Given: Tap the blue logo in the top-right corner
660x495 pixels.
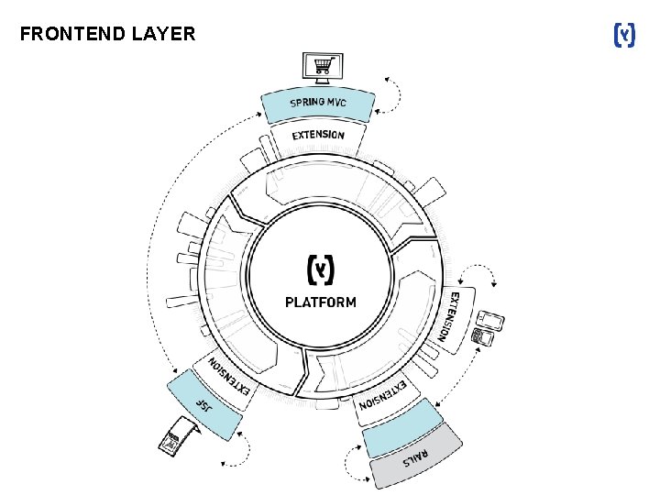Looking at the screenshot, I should pyautogui.click(x=623, y=36).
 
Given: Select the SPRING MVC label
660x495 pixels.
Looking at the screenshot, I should pyautogui.click(x=318, y=103).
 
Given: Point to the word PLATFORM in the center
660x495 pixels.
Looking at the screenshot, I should pyautogui.click(x=320, y=302).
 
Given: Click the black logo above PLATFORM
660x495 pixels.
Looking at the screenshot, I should pyautogui.click(x=320, y=269).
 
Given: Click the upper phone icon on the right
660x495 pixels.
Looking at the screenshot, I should pyautogui.click(x=492, y=321).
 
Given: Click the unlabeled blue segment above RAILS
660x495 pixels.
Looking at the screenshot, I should pyautogui.click(x=401, y=427).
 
